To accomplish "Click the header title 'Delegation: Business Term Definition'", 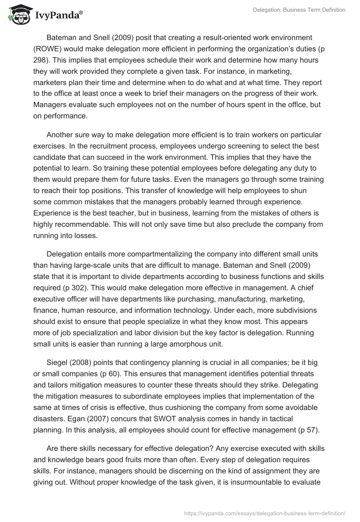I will [299, 10].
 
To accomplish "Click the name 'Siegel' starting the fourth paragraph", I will [57, 364].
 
